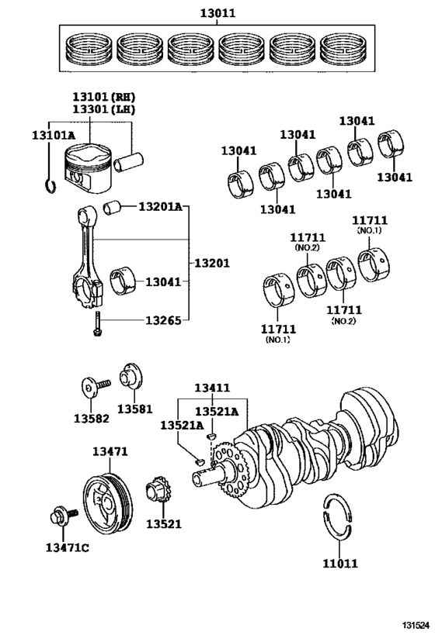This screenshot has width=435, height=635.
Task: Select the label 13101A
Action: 53,135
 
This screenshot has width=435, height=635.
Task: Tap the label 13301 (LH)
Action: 103,112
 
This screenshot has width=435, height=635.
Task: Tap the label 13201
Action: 211,263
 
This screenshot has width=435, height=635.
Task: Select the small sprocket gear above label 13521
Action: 158,492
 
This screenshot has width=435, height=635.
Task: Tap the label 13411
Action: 211,387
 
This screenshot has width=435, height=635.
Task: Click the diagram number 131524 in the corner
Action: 412,625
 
